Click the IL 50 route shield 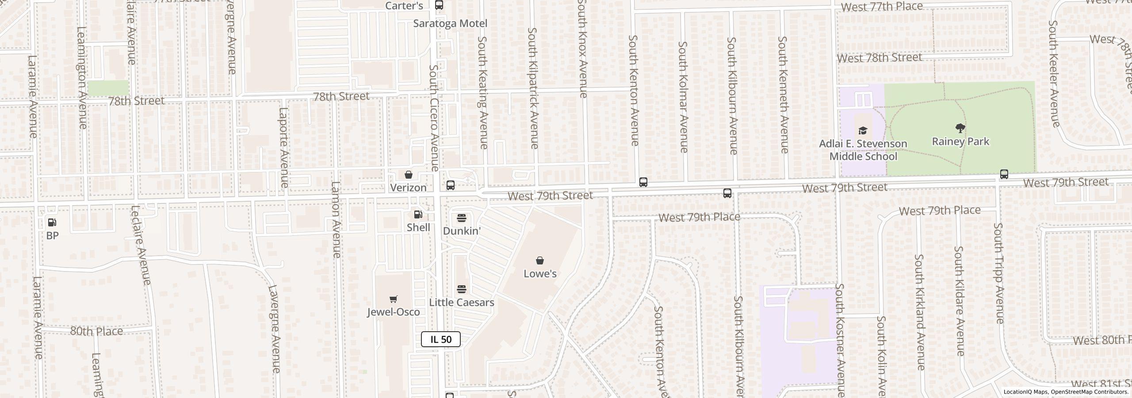[x=440, y=339]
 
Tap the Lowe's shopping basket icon [x=539, y=260]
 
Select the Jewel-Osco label [x=393, y=312]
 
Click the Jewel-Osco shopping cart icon [x=393, y=299]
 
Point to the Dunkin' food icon [x=462, y=218]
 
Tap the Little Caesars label [x=462, y=302]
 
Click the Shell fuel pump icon [x=418, y=215]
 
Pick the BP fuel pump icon [x=52, y=222]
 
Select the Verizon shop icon [x=409, y=175]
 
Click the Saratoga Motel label [x=450, y=23]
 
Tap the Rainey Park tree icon [x=960, y=129]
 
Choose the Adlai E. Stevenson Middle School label [x=863, y=150]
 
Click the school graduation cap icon [x=862, y=130]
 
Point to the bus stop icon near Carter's [x=439, y=5]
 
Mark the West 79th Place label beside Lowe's [x=699, y=217]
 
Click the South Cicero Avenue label [x=434, y=118]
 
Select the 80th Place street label [x=97, y=331]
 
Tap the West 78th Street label [x=880, y=58]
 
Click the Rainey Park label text [x=960, y=142]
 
